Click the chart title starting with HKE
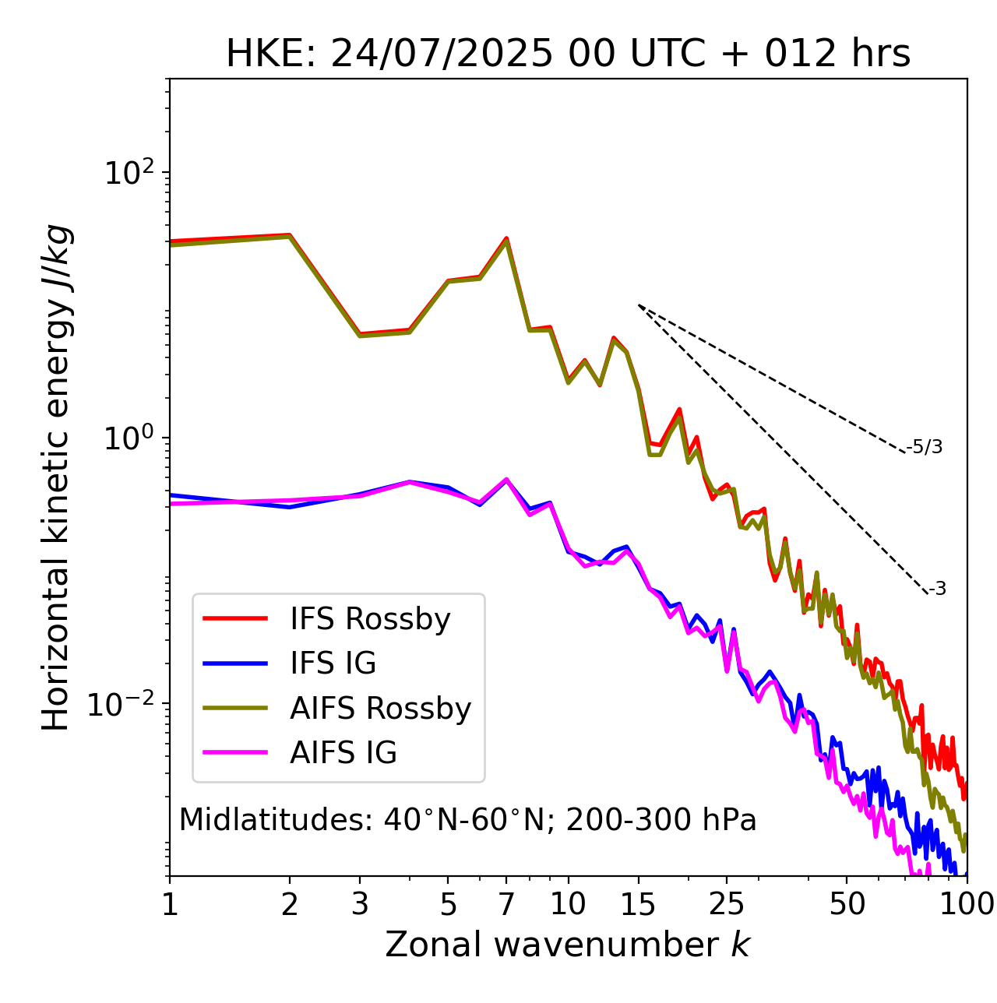click(x=568, y=55)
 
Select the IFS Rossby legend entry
click(x=370, y=619)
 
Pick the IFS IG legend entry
click(x=333, y=663)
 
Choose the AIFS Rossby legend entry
click(x=380, y=709)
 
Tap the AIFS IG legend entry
click(x=343, y=753)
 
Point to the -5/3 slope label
click(x=925, y=447)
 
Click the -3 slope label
click(x=937, y=589)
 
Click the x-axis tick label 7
click(x=506, y=904)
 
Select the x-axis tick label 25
click(x=726, y=904)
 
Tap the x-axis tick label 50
click(x=847, y=904)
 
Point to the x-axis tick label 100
click(x=966, y=904)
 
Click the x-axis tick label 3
click(x=360, y=904)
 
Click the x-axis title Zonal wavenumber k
click(x=568, y=945)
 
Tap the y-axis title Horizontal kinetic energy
click(x=56, y=477)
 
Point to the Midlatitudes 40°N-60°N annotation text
click(x=467, y=820)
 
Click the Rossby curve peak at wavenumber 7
click(x=506, y=238)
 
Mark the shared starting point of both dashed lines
click(x=639, y=305)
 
